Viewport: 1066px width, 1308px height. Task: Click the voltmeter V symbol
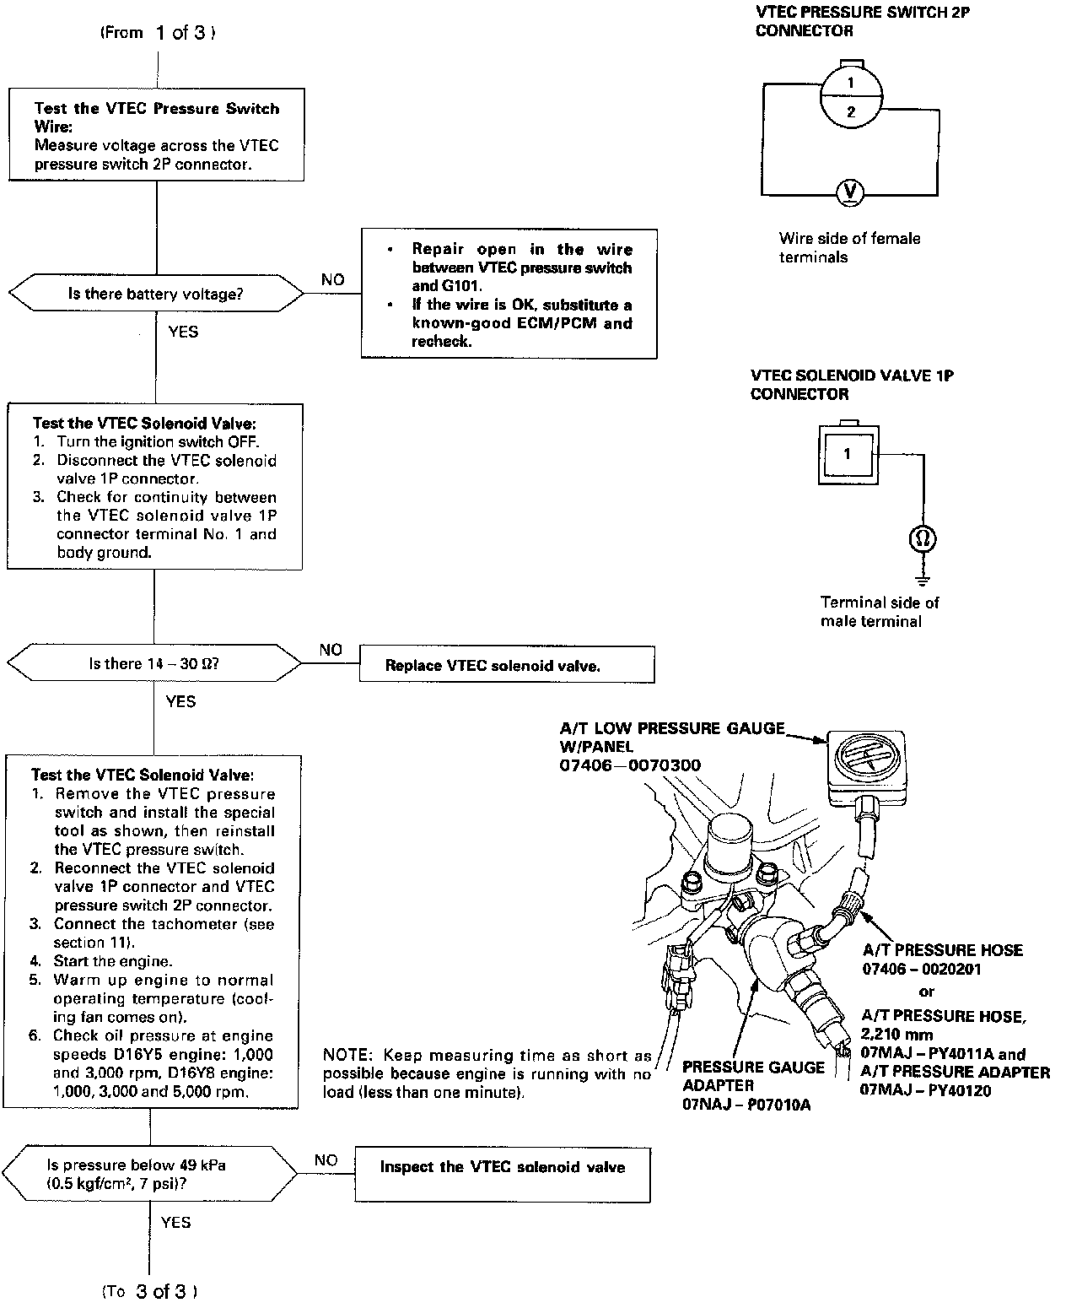click(x=850, y=192)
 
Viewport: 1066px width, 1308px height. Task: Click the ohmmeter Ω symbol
click(x=923, y=538)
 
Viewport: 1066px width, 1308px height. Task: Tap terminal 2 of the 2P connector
click(x=851, y=112)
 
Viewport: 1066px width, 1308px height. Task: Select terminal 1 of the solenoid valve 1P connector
click(x=847, y=454)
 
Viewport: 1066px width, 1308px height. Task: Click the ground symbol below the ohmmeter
click(x=923, y=580)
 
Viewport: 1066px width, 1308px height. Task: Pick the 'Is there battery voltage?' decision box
click(x=157, y=295)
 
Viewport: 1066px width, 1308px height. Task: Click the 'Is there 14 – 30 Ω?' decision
click(x=154, y=664)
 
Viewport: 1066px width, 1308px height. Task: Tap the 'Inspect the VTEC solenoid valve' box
click(x=503, y=1168)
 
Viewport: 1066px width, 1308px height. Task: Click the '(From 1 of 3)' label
click(x=158, y=33)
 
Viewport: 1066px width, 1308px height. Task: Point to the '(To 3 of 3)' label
click(x=151, y=1291)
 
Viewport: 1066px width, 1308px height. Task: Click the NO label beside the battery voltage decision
click(x=333, y=279)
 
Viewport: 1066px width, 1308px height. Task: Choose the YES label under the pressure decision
click(x=175, y=1222)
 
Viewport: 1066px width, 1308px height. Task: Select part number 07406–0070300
click(x=629, y=765)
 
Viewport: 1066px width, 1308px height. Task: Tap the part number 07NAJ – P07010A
click(x=746, y=1105)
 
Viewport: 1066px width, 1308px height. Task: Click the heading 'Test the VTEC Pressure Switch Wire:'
click(x=156, y=117)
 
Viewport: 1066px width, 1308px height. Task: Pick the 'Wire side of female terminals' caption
click(x=849, y=247)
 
